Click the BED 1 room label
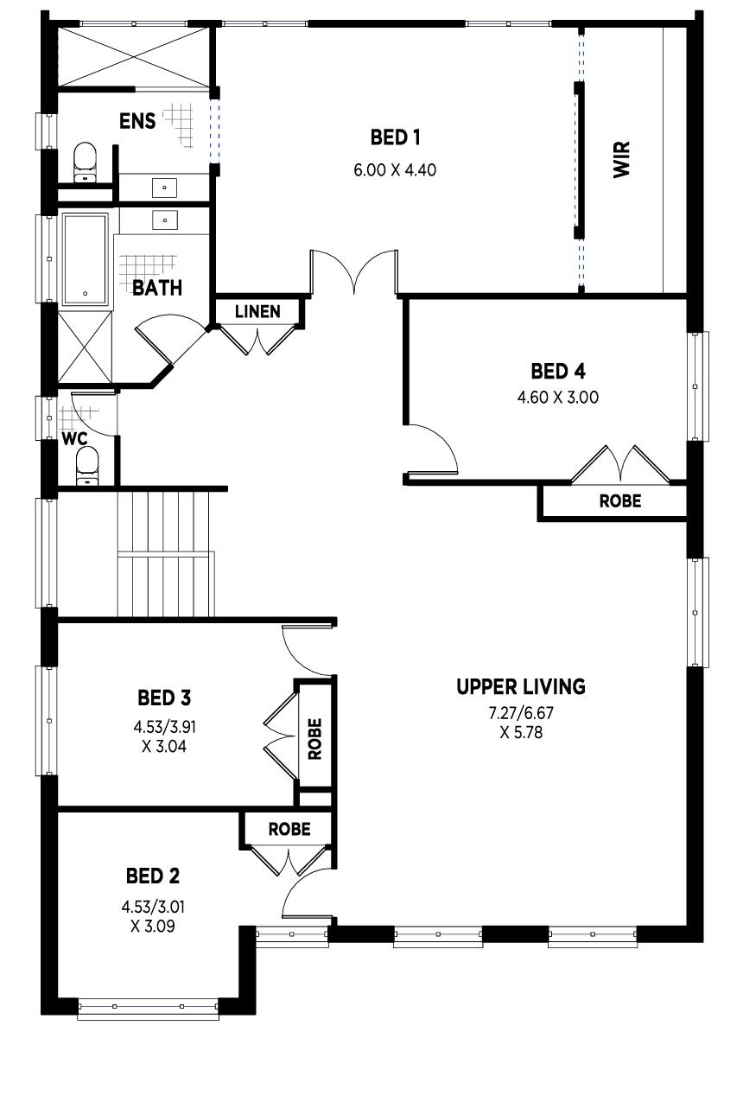click(x=395, y=137)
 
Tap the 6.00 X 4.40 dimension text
click(x=395, y=170)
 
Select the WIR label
click(x=621, y=159)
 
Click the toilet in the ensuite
click(x=85, y=162)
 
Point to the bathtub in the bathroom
click(x=85, y=258)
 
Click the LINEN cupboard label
click(x=257, y=312)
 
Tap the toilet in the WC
click(x=87, y=465)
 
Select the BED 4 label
click(x=558, y=372)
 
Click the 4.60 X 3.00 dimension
click(x=557, y=398)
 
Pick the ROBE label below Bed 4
click(x=620, y=500)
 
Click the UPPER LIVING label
click(x=521, y=687)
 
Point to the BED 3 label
click(x=164, y=698)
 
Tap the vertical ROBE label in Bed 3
click(x=315, y=739)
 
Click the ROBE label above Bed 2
click(x=289, y=829)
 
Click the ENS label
click(x=137, y=121)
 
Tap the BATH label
click(x=157, y=288)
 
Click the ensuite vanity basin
click(x=164, y=188)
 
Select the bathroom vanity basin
click(x=165, y=220)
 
